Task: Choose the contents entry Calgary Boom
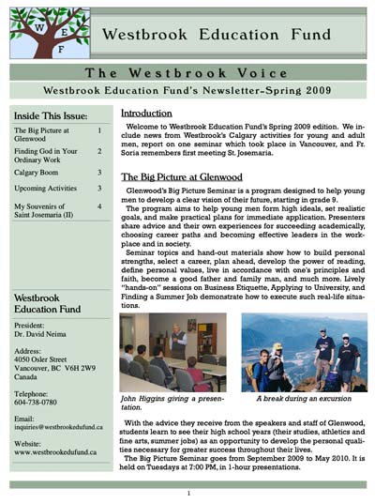pyautogui.click(x=38, y=173)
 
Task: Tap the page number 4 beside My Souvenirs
pyautogui.click(x=98, y=206)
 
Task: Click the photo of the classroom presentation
pyautogui.click(x=175, y=352)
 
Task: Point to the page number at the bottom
pyautogui.click(x=187, y=493)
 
